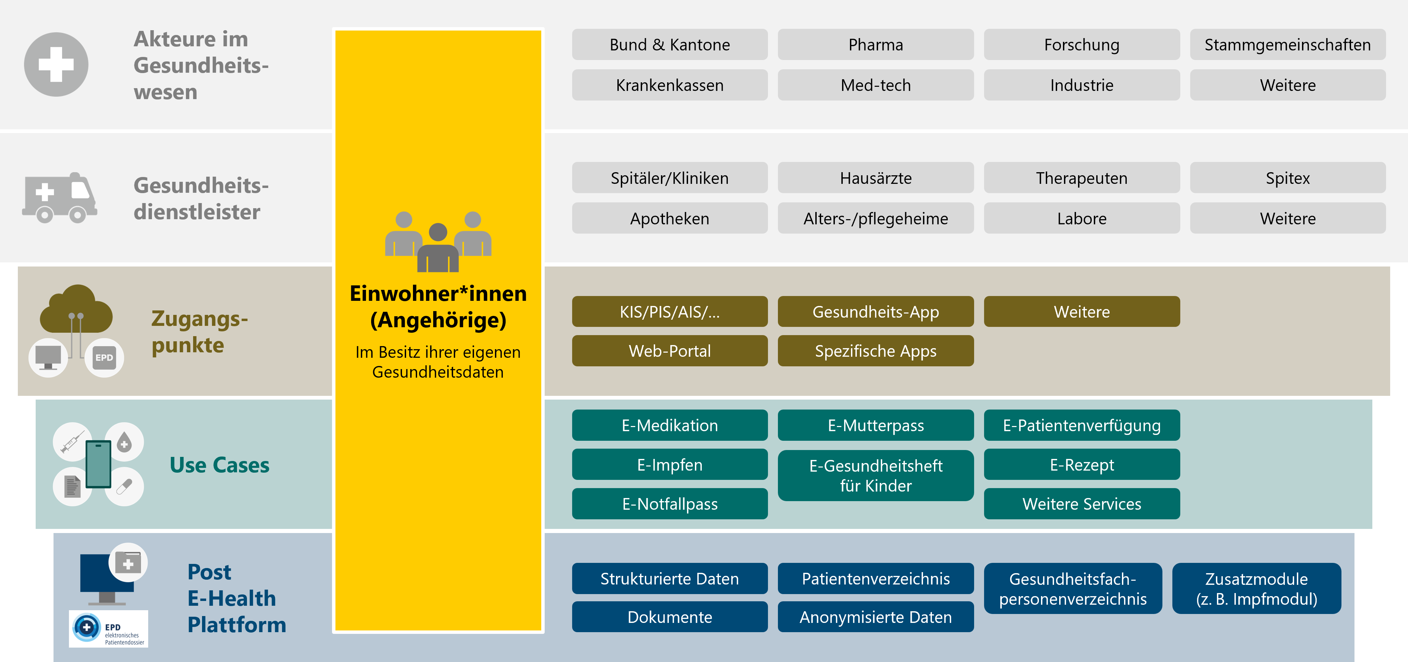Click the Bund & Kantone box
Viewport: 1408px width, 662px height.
pyautogui.click(x=670, y=44)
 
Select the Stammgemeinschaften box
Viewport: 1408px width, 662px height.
pyautogui.click(x=1288, y=44)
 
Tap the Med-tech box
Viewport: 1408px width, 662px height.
pyautogui.click(x=876, y=85)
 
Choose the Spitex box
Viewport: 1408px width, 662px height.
pyautogui.click(x=1288, y=178)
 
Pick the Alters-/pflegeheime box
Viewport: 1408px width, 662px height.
pyautogui.click(x=876, y=218)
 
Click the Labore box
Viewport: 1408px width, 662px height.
pyautogui.click(x=1082, y=218)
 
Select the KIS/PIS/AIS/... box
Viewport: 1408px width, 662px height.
pyautogui.click(x=670, y=311)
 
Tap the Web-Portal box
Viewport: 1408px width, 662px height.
pyautogui.click(x=670, y=351)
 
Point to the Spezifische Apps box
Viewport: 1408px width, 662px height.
pyautogui.click(x=876, y=351)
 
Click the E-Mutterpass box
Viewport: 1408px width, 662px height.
pyautogui.click(x=876, y=425)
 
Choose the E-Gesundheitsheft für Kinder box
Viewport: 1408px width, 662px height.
pyautogui.click(x=876, y=475)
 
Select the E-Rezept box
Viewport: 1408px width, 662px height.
pyautogui.click(x=1082, y=464)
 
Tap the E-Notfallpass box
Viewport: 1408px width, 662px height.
pyautogui.click(x=670, y=504)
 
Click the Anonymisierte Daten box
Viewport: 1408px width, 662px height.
pyautogui.click(x=876, y=617)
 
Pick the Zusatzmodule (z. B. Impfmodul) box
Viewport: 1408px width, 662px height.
pyautogui.click(x=1257, y=588)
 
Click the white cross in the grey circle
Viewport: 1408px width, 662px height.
pyautogui.click(x=56, y=64)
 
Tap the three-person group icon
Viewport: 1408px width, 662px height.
pyautogui.click(x=438, y=241)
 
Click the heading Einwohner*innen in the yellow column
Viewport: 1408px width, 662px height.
pyautogui.click(x=438, y=294)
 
